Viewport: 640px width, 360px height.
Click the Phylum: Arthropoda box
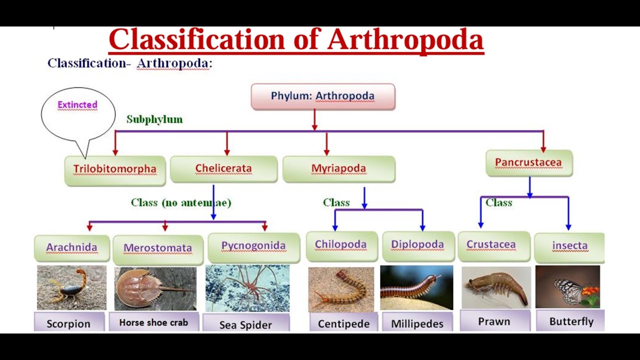pyautogui.click(x=322, y=96)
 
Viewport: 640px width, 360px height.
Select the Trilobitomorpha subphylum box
pyautogui.click(x=115, y=169)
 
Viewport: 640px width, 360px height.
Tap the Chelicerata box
pyautogui.click(x=223, y=168)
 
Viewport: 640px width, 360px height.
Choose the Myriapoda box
pyautogui.click(x=338, y=168)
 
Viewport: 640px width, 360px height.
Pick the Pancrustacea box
pyautogui.click(x=528, y=162)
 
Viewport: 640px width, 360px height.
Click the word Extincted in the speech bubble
pyautogui.click(x=77, y=105)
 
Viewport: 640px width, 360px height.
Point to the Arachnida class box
pyautogui.click(x=71, y=247)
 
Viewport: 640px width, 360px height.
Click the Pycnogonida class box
pyautogui.click(x=253, y=246)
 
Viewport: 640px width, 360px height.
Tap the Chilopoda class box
pyautogui.click(x=340, y=245)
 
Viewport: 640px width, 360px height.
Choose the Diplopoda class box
pyautogui.click(x=417, y=245)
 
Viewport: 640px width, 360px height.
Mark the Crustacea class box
pyautogui.click(x=491, y=245)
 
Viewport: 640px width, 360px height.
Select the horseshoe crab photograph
pyautogui.click(x=155, y=288)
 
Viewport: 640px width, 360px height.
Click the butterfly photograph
pyautogui.click(x=567, y=286)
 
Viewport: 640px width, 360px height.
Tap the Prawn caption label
pyautogui.click(x=494, y=321)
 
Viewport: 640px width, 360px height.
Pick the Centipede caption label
pyautogui.click(x=343, y=323)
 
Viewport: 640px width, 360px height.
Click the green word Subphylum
pyautogui.click(x=154, y=119)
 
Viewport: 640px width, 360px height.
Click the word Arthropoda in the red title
pyautogui.click(x=405, y=40)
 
